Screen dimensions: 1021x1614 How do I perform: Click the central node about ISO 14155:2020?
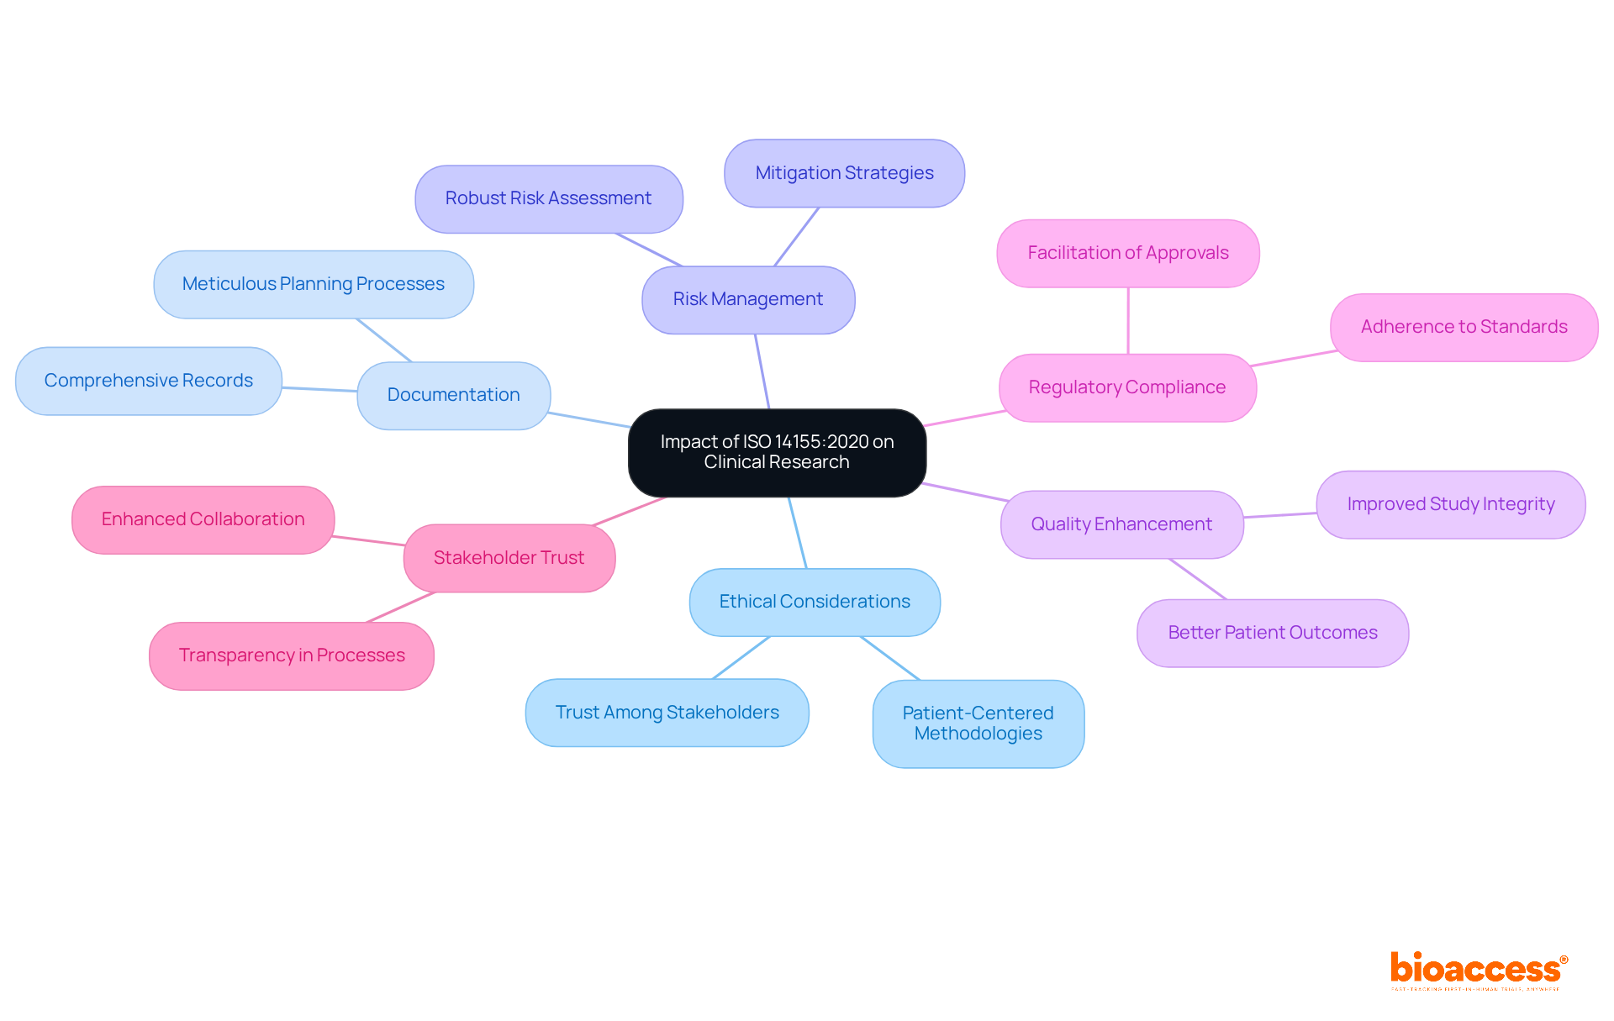click(777, 452)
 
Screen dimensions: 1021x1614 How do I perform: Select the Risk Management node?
click(748, 299)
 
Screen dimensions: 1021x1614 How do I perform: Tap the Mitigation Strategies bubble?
click(844, 173)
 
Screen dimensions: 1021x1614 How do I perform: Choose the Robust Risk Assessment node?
click(548, 198)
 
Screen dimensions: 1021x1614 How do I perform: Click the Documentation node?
click(453, 395)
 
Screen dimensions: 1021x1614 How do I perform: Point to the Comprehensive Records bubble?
click(148, 381)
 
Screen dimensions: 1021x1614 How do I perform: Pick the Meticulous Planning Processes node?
click(313, 284)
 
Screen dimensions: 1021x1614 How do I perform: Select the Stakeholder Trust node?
click(509, 558)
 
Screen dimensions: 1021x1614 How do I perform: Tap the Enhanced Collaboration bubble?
click(203, 519)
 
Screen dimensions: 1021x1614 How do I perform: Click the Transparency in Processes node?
click(292, 655)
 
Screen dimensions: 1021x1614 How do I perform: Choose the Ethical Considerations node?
click(814, 602)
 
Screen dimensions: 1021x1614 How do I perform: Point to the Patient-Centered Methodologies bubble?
click(978, 723)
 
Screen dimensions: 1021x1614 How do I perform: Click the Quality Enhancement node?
click(1121, 524)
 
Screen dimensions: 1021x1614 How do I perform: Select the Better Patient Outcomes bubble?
click(1272, 633)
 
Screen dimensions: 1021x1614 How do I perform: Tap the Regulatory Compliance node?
click(1126, 387)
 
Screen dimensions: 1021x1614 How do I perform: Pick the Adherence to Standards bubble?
click(1464, 327)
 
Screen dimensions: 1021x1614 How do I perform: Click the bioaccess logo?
click(1477, 969)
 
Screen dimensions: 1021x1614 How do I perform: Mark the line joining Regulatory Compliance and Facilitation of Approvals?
click(1128, 321)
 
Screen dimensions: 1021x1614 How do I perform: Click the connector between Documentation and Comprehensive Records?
click(319, 389)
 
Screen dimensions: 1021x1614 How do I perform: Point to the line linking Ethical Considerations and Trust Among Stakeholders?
click(741, 657)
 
